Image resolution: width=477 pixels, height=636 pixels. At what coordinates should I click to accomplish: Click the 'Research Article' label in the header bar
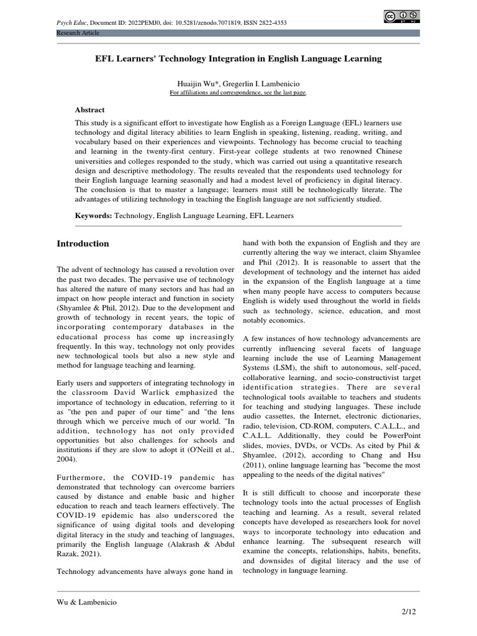tap(78, 32)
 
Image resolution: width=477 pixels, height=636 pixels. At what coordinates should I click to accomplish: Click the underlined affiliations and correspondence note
tap(238, 92)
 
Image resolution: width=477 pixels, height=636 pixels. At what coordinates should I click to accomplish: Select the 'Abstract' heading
tap(89, 109)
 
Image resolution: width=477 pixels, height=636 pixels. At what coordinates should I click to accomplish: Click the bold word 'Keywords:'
tap(93, 215)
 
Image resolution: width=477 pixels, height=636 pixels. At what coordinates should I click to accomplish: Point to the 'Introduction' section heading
tap(83, 243)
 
